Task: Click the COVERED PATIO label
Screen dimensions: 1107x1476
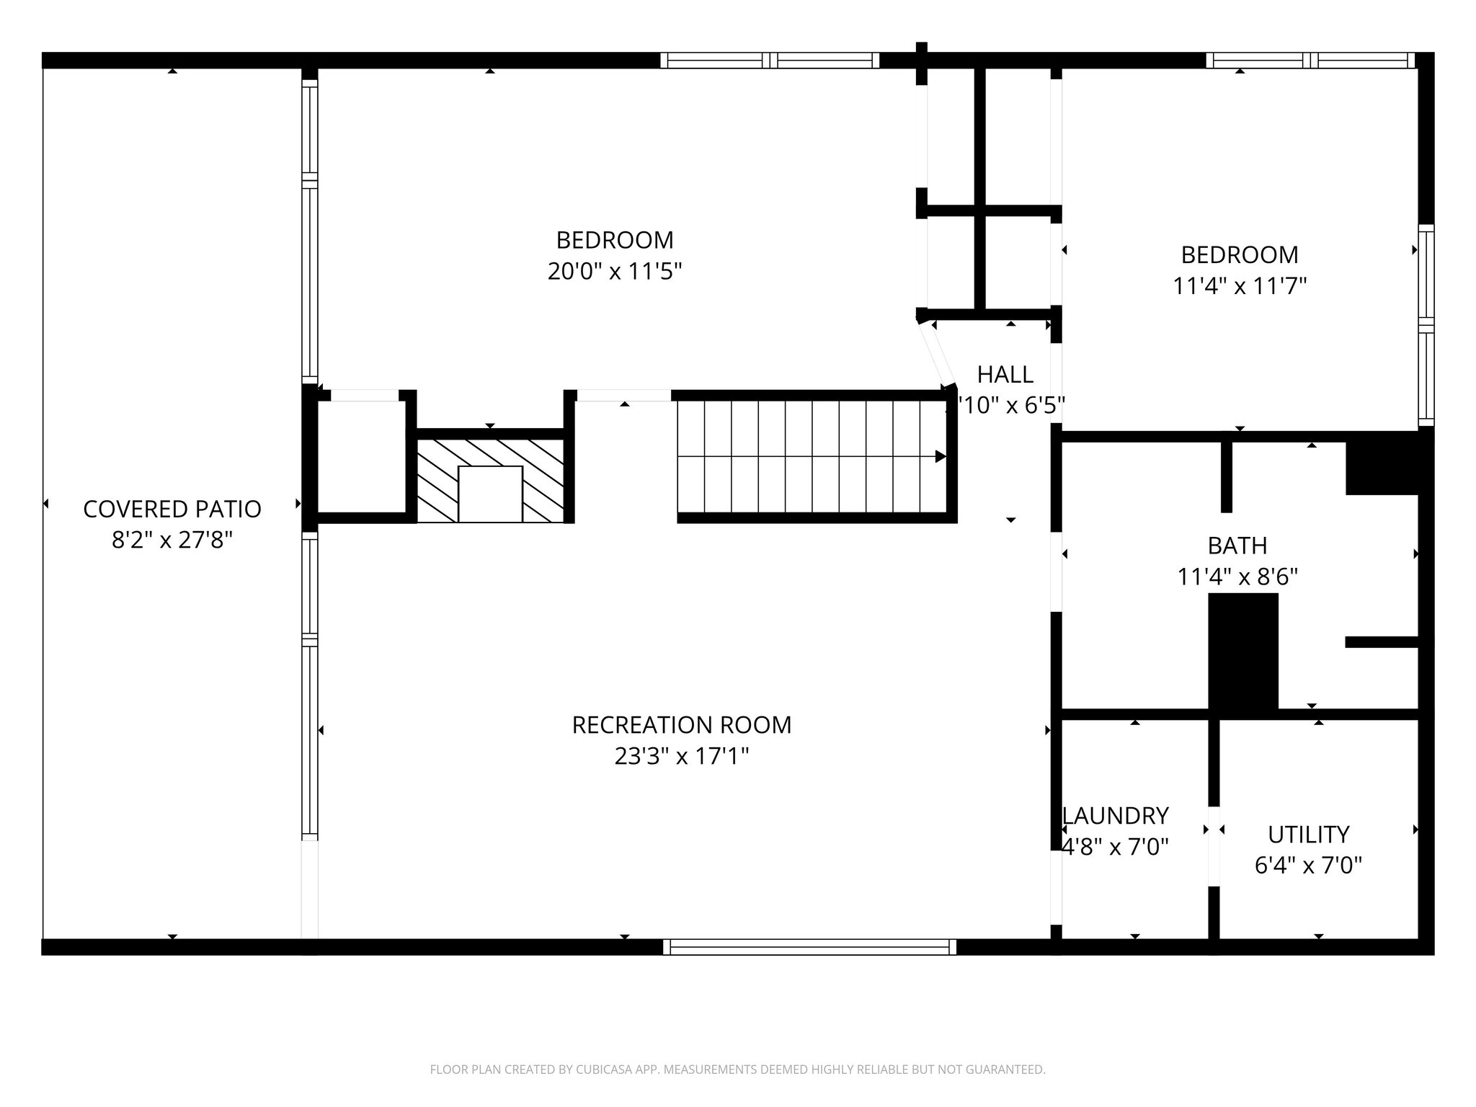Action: coord(172,509)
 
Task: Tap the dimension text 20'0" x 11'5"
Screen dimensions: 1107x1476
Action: coord(614,272)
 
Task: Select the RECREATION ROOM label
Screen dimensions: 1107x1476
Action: coord(681,724)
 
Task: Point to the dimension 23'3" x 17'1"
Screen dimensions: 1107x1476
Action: coord(681,756)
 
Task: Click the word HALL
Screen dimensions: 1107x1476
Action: coord(1005,374)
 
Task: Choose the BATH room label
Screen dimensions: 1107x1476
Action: coord(1237,546)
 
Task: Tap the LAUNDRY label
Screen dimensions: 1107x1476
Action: coord(1115,815)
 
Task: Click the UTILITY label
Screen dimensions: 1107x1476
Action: coord(1308,834)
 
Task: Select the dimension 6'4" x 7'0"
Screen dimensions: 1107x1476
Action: coord(1308,865)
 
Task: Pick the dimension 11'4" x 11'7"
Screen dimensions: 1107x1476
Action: coord(1240,286)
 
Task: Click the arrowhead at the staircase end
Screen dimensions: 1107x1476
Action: coord(940,456)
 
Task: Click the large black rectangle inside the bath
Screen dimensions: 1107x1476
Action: coord(1242,652)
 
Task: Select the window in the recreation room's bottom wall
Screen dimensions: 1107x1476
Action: coord(809,946)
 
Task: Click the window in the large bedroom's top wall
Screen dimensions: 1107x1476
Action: coord(770,61)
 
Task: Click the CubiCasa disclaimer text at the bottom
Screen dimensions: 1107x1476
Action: coord(737,1070)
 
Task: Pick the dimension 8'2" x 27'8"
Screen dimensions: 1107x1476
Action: coord(172,540)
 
